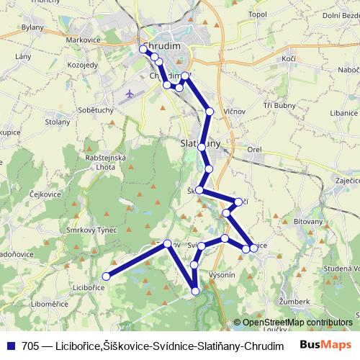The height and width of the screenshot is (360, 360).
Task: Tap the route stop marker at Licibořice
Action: click(107, 276)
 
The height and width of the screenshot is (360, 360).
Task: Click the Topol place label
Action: click(257, 14)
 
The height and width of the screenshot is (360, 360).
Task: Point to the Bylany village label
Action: click(32, 28)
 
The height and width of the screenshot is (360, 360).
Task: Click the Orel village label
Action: click(254, 150)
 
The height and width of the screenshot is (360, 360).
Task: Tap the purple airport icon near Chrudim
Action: click(130, 94)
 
